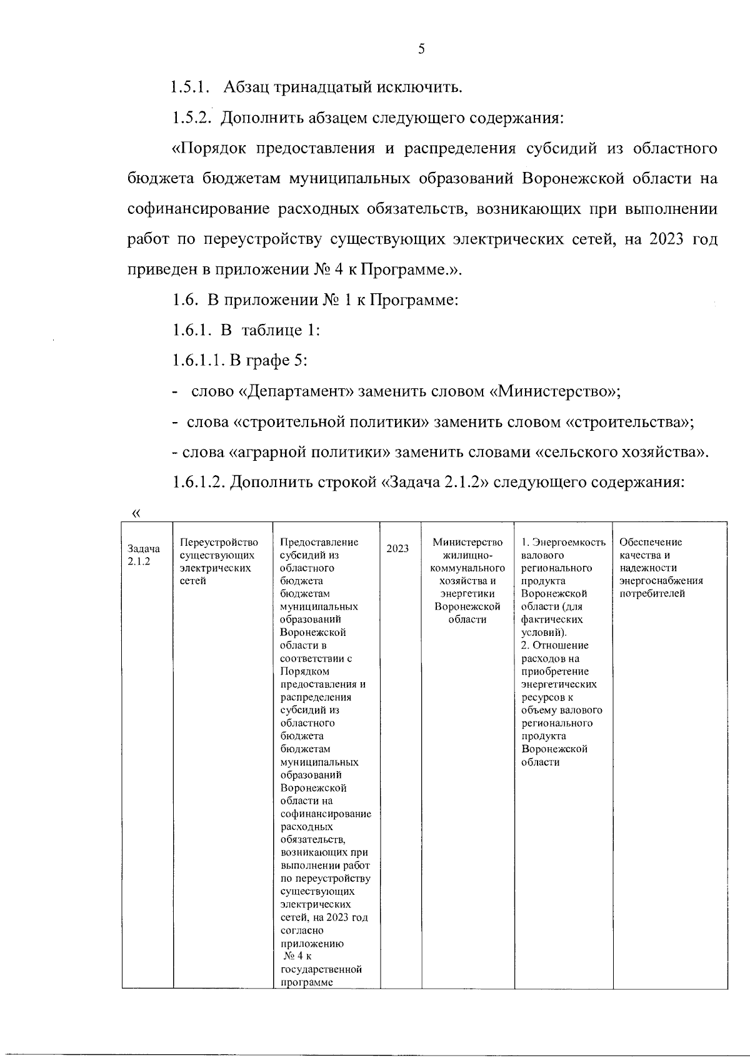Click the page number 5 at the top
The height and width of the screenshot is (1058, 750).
click(x=421, y=49)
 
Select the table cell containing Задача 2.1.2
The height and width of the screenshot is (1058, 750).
click(x=144, y=555)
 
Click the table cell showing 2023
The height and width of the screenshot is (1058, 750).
click(x=398, y=548)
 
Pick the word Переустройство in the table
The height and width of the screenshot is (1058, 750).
click(x=218, y=542)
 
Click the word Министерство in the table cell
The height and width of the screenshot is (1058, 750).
click(x=467, y=542)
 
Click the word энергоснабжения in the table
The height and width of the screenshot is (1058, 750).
click(x=661, y=581)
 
